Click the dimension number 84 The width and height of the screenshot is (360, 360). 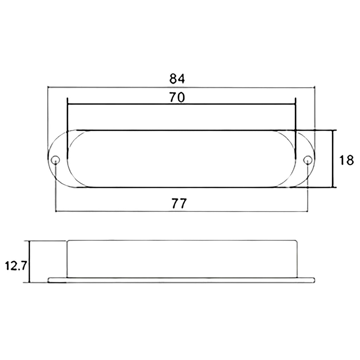pos(177,79)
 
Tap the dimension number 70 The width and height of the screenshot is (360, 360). pos(177,97)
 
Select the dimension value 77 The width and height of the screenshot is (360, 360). pos(179,203)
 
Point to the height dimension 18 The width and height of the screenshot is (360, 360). pos(347,160)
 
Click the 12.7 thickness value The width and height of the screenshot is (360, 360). pos(16,266)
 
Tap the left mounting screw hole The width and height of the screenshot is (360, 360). pos(56,160)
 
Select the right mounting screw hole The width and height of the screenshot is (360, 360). pos(308,160)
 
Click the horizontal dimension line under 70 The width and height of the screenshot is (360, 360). pos(181,104)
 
